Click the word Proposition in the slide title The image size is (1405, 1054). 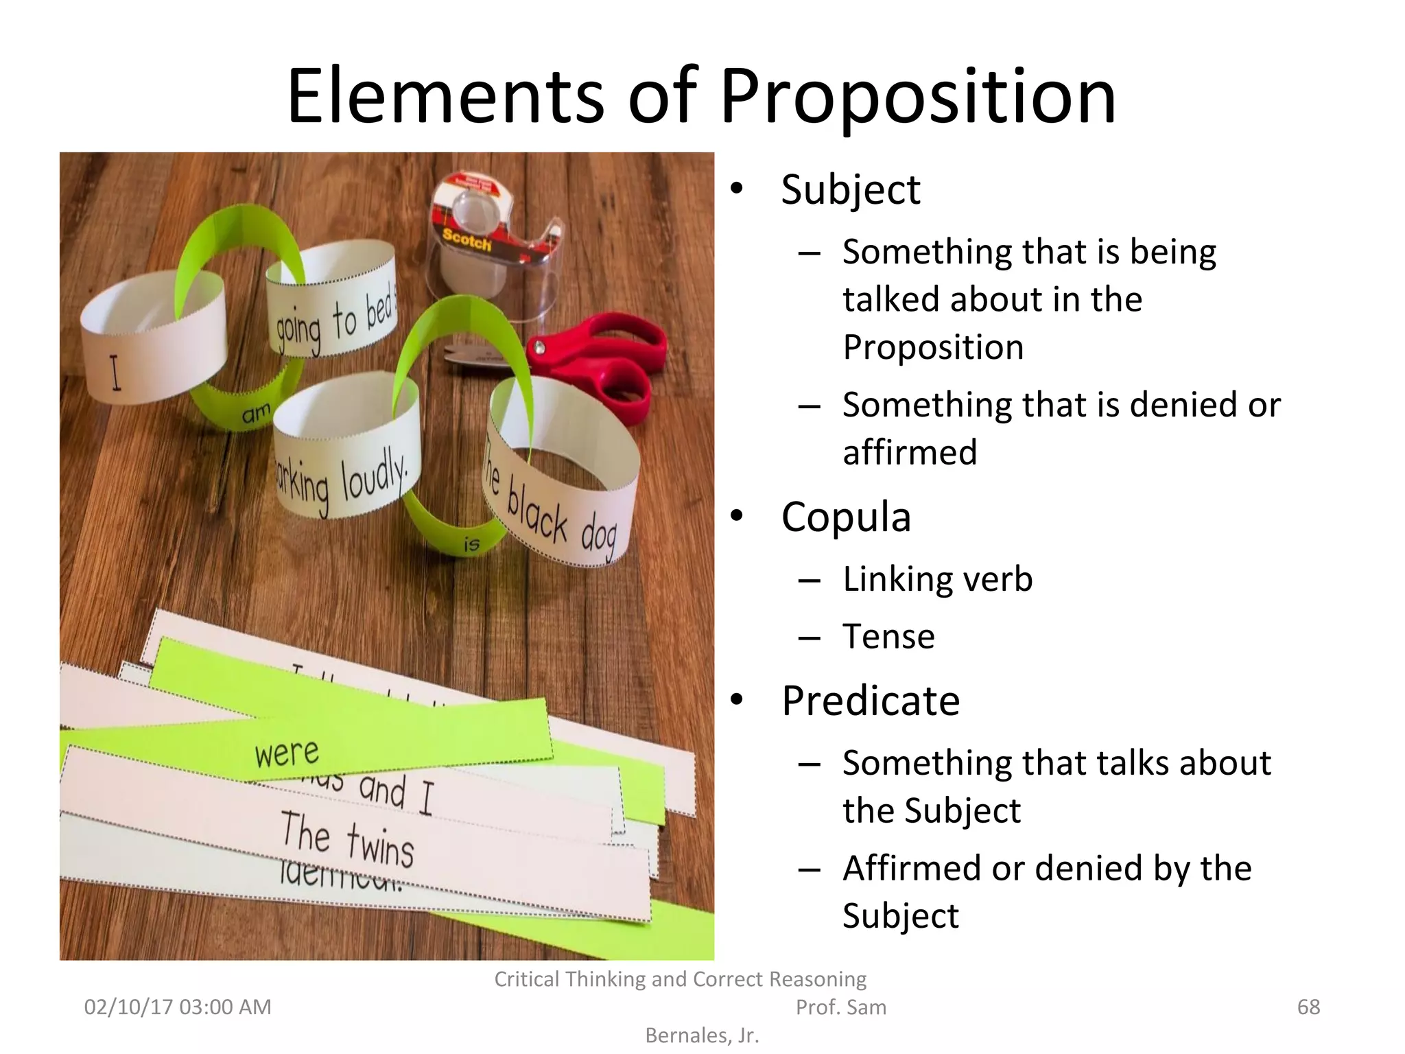click(x=917, y=97)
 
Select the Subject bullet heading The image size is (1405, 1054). click(x=850, y=190)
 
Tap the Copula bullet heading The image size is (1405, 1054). click(x=845, y=517)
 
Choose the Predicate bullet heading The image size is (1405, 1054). click(x=870, y=701)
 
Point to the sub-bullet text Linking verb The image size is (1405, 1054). click(x=937, y=579)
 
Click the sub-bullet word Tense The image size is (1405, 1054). click(x=888, y=636)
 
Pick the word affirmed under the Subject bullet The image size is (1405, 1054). click(x=910, y=452)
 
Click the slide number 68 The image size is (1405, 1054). click(x=1308, y=1007)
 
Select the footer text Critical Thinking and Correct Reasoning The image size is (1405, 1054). click(x=680, y=979)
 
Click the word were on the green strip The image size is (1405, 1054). click(x=287, y=753)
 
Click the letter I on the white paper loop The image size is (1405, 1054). click(x=116, y=374)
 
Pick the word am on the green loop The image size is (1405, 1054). click(x=256, y=414)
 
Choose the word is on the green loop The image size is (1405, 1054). click(x=471, y=544)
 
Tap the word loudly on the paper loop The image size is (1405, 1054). click(x=374, y=474)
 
